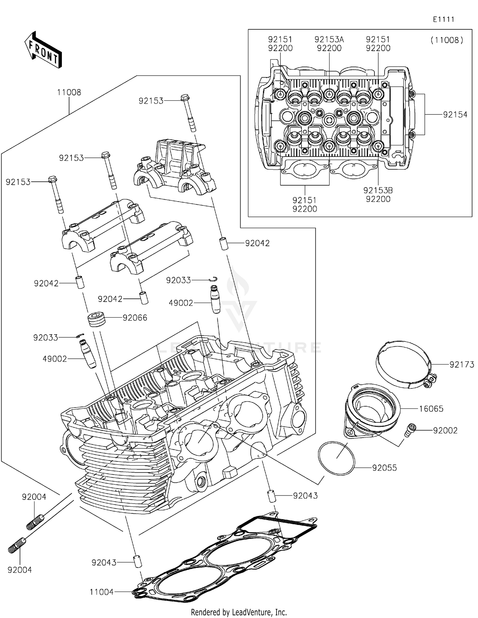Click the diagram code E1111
tap(443, 19)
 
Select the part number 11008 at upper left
tap(69, 92)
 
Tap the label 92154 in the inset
tap(455, 115)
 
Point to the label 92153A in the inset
tap(329, 40)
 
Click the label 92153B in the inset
tap(378, 190)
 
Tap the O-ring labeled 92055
tap(336, 459)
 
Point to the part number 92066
tap(135, 318)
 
